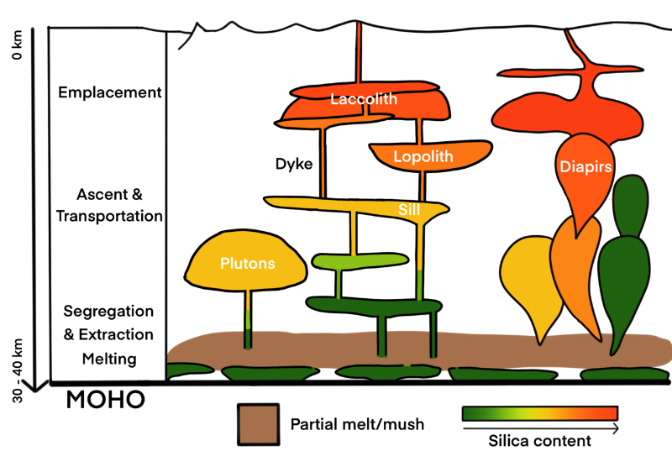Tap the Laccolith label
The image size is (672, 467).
pos(363,99)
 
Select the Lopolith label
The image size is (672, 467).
pos(422,156)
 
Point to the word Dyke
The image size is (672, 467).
pos(295,164)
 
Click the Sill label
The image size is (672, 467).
pos(409,209)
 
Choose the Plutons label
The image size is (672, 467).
pos(247,263)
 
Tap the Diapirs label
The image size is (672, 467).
pos(581,165)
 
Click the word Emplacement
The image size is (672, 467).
pos(109,92)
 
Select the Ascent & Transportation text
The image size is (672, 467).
pos(108,206)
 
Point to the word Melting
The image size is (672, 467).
pos(108,359)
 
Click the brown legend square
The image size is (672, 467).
pos(258,423)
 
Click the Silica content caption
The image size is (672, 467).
pos(540,440)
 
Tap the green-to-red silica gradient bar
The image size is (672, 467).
pos(540,412)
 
